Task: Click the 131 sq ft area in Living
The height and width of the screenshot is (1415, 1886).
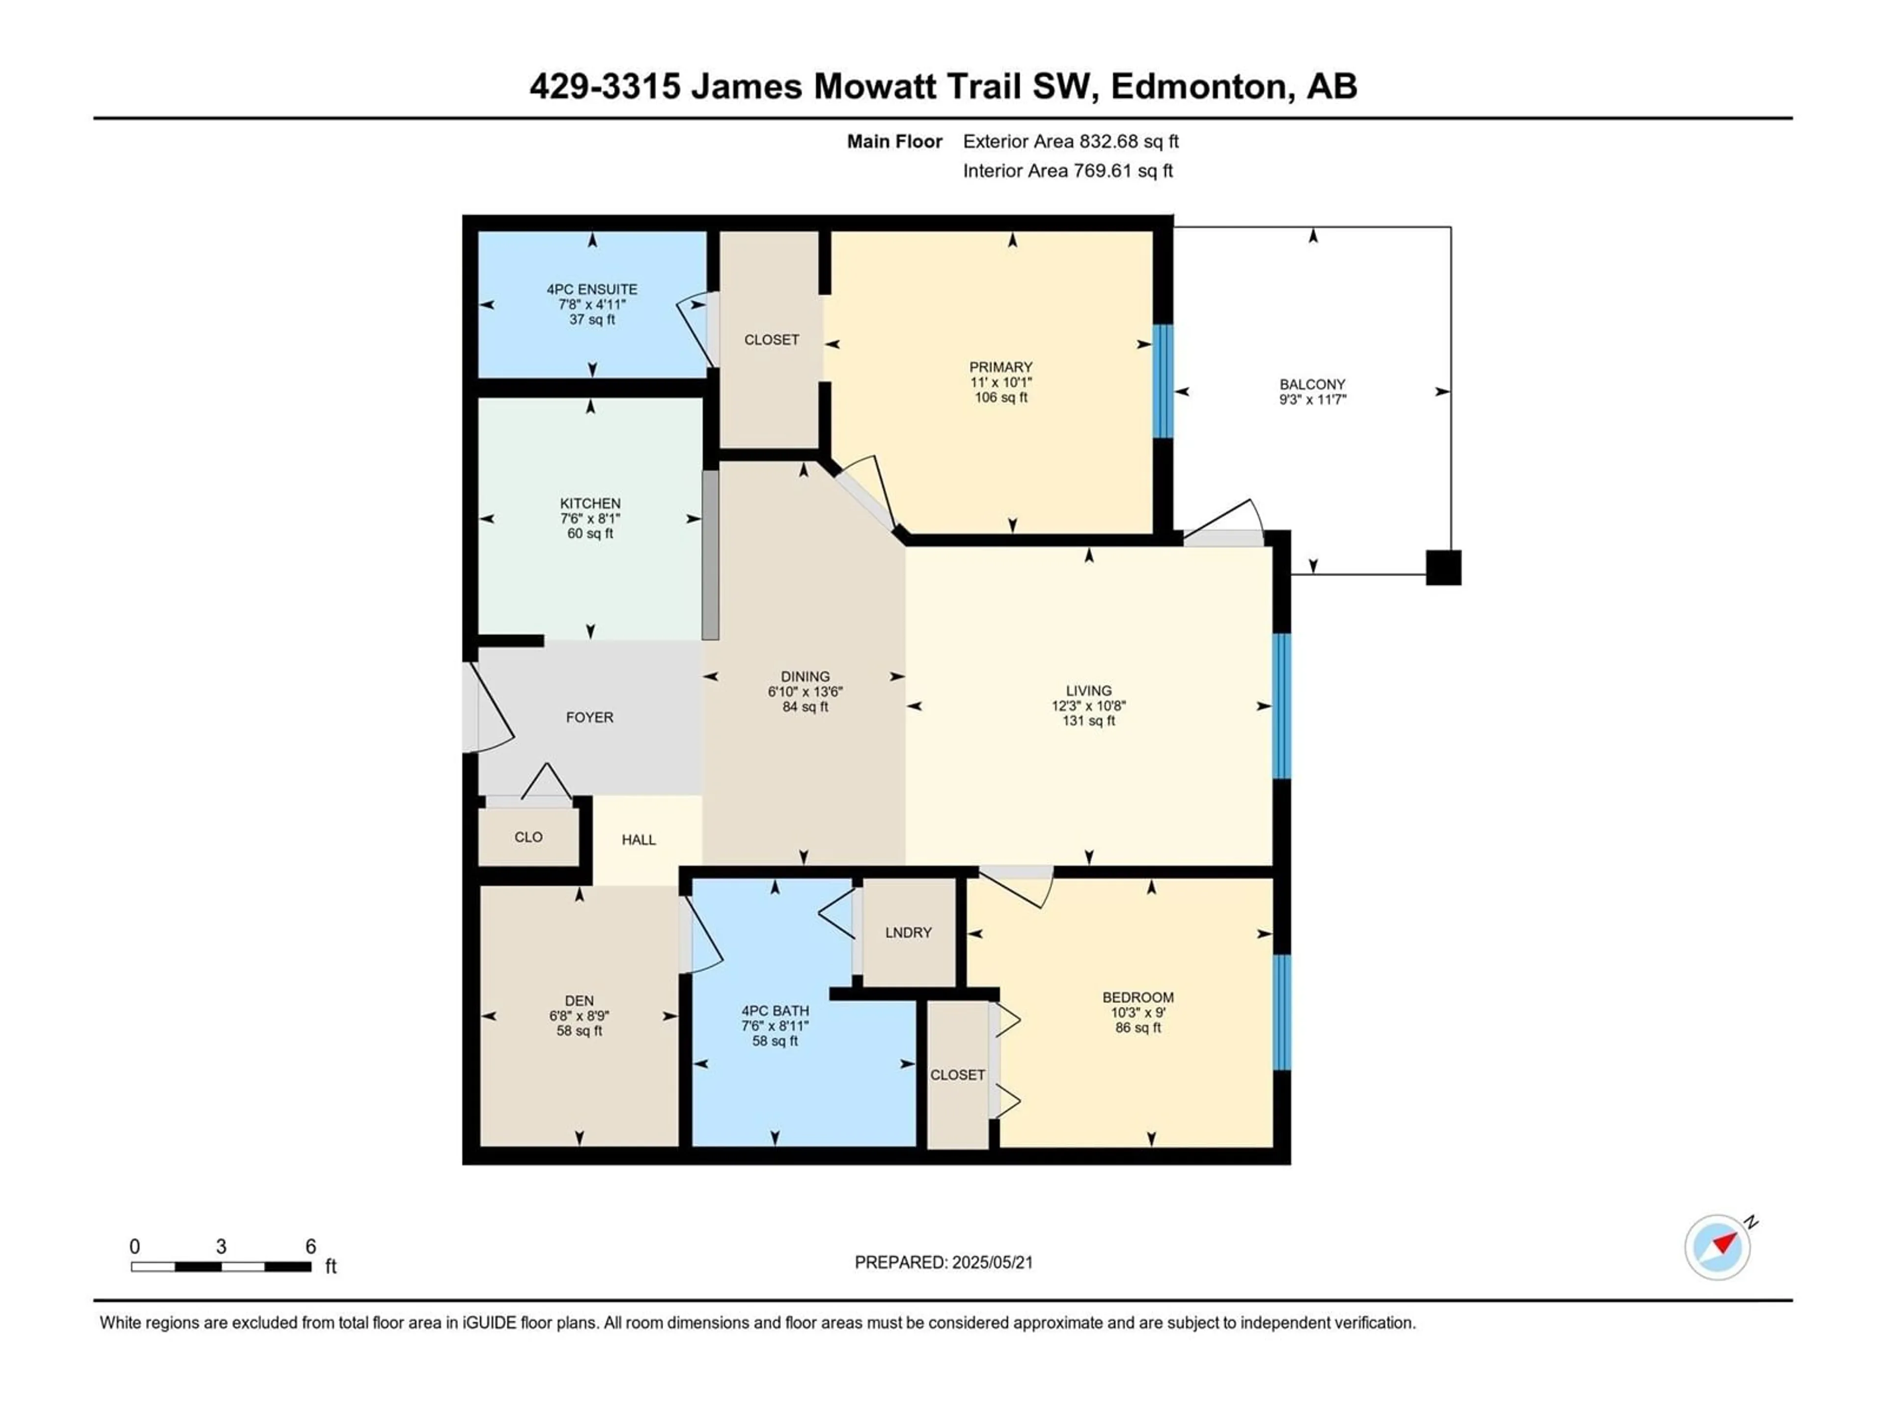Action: pos(1089,721)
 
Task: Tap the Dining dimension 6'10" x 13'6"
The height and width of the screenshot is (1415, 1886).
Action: pos(805,692)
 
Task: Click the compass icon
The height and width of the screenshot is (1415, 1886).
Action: pos(1718,1247)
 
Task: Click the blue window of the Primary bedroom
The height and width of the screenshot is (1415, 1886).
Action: pos(1163,381)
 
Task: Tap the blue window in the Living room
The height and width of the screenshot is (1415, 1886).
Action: pos(1281,706)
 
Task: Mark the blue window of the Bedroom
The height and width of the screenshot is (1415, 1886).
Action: pos(1281,1013)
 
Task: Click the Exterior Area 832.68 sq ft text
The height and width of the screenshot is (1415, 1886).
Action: pos(1071,141)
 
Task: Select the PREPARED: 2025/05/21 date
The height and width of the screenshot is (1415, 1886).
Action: pos(944,1262)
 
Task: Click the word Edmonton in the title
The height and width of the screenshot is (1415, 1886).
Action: pos(1198,86)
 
